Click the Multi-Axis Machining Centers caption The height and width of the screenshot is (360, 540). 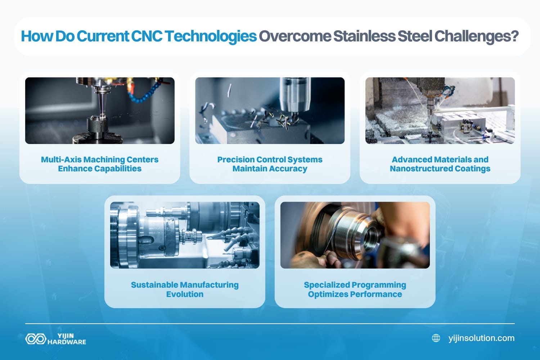point(100,164)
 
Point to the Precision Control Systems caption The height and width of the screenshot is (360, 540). point(270,164)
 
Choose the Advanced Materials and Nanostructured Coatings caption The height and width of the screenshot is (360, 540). point(440,164)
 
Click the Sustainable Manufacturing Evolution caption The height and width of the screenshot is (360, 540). point(185,289)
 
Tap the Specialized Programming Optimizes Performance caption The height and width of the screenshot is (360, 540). point(355,289)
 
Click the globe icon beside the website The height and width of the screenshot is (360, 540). point(436,338)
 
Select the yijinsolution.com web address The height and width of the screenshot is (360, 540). point(481,338)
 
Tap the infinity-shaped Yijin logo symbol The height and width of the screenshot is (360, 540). point(35,339)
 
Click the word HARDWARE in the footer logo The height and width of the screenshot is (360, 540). point(67,342)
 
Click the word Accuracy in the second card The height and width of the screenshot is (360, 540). point(288,169)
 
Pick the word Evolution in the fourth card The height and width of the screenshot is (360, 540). point(185,294)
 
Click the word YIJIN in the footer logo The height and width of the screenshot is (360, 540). point(66,336)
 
